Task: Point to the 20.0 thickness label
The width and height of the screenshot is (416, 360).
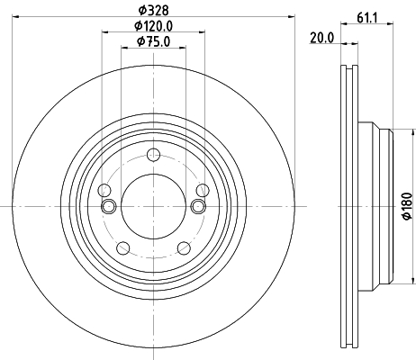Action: [x=322, y=37]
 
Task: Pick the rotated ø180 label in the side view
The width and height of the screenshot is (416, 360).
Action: [x=406, y=206]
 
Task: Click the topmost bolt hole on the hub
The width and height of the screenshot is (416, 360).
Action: [x=153, y=154]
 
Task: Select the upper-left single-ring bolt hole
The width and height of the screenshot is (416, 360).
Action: [x=104, y=190]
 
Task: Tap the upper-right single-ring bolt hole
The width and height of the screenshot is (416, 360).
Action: [x=203, y=190]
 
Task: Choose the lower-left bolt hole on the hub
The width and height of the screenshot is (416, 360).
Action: [x=123, y=247]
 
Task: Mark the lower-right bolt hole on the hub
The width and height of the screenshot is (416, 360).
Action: [x=184, y=247]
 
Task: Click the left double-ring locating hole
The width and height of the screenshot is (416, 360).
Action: [x=110, y=207]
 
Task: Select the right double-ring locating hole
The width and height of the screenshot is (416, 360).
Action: [x=197, y=207]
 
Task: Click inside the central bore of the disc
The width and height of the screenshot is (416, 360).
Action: [x=153, y=206]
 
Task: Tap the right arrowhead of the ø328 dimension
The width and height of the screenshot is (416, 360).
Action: [x=293, y=18]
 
